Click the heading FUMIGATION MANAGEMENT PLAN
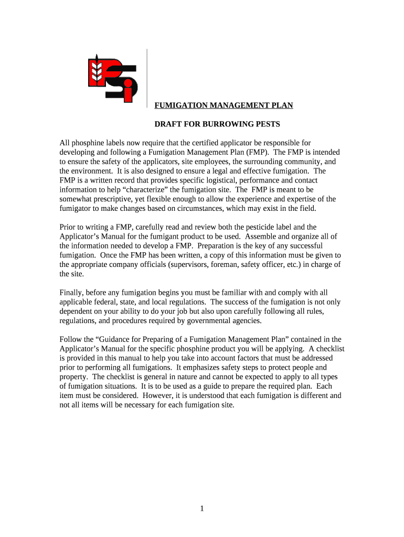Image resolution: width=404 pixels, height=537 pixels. [x=223, y=105]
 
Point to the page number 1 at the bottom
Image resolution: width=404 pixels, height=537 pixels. [x=202, y=509]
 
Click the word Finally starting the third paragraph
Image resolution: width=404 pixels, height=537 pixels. [x=72, y=293]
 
